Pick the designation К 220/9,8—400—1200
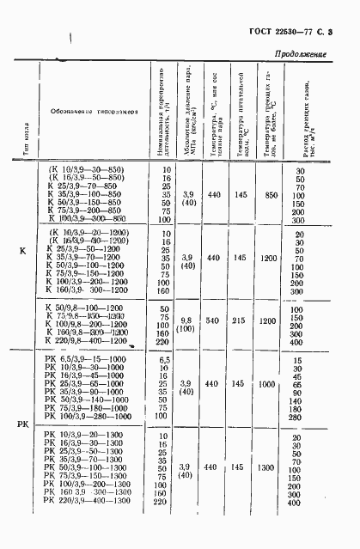pyautogui.click(x=88, y=339)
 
